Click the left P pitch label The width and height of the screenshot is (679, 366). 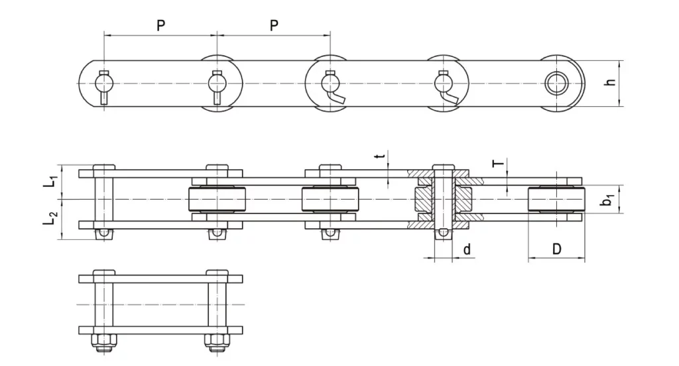coord(160,25)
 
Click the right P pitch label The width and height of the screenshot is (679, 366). coord(274,25)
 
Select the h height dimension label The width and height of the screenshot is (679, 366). coord(611,83)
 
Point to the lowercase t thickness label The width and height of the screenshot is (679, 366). coord(379,156)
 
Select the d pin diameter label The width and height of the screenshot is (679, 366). coord(467,250)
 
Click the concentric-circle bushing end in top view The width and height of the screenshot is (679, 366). coord(555,83)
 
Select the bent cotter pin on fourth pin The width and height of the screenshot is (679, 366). coord(450,98)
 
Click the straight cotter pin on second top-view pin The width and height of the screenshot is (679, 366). coord(217,97)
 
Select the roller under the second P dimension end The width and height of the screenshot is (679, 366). coord(330,200)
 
